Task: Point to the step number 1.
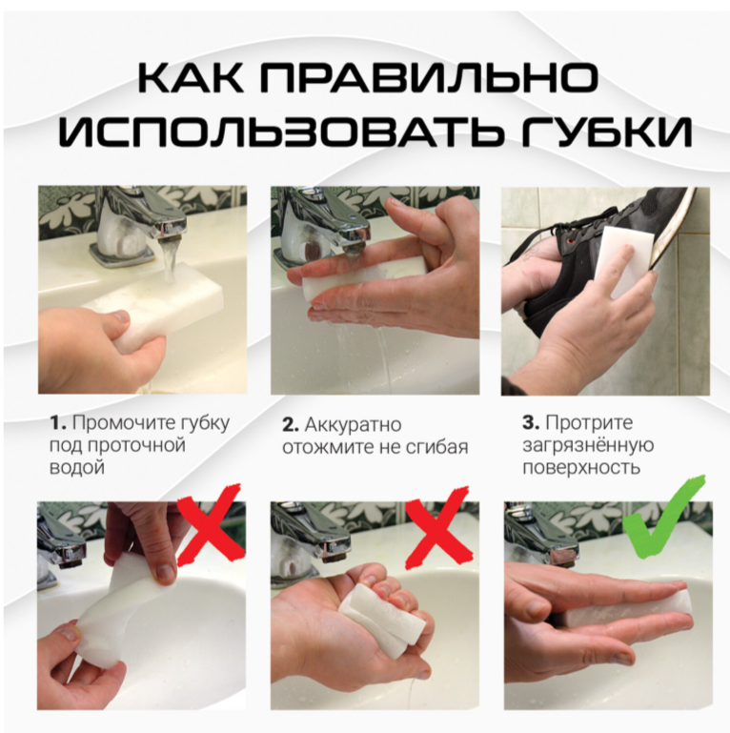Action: pos(58,423)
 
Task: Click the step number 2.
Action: pos(291,424)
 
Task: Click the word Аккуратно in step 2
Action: pos(354,425)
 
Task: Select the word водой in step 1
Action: pos(76,467)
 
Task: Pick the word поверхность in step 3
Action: pos(581,467)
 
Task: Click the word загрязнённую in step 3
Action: pos(588,445)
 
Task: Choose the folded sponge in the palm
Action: pos(381,617)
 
